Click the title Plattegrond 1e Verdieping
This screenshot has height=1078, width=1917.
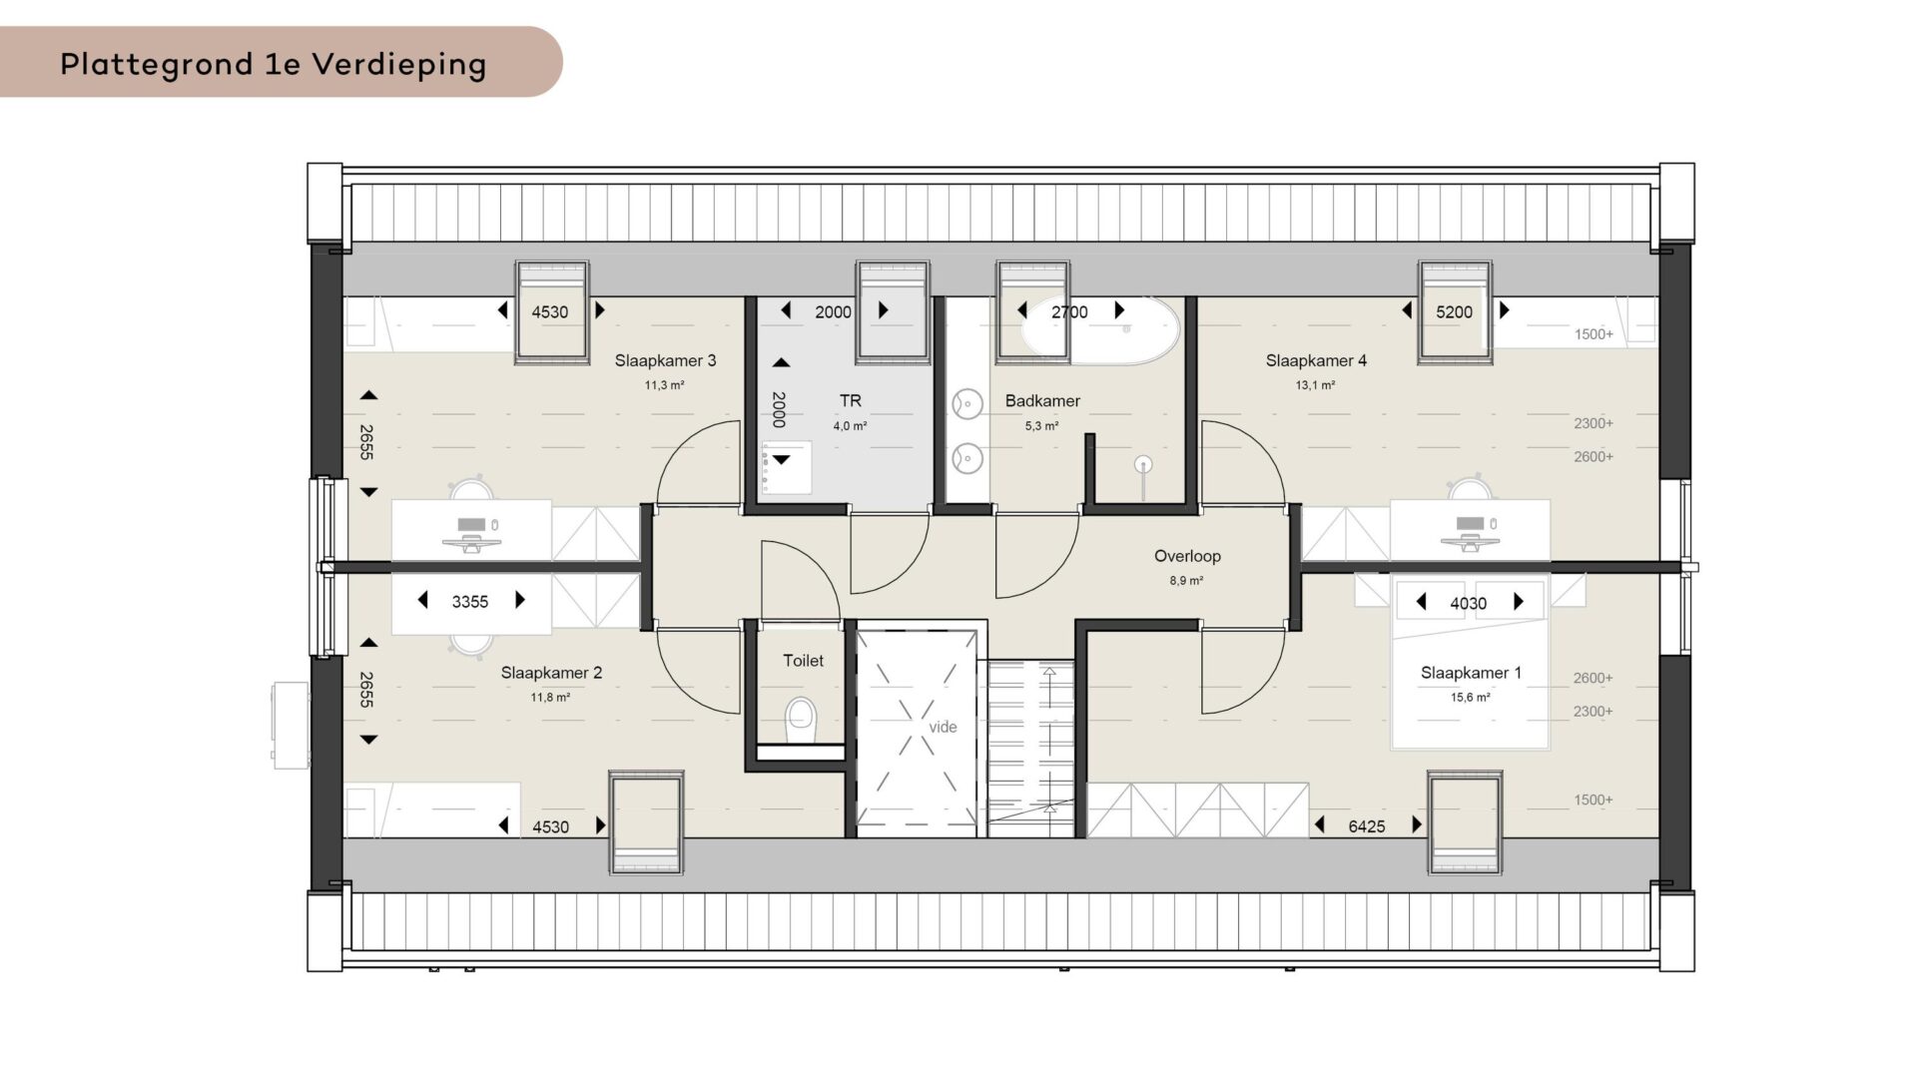pos(273,64)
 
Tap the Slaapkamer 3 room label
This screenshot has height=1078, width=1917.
pos(665,360)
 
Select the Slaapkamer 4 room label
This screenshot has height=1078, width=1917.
pos(1316,360)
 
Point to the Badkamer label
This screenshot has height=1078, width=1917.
pos(1042,400)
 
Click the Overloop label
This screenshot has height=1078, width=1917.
pos(1187,556)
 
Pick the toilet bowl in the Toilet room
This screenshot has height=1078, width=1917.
pos(801,721)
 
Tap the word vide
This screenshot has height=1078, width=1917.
pos(943,727)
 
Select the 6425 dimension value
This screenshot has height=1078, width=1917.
pos(1366,826)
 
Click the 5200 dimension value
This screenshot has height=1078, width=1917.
pos(1454,311)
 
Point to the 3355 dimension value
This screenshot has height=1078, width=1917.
pos(469,601)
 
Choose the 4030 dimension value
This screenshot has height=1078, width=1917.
pos(1468,603)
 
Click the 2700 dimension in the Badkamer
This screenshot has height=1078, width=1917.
pos(1069,311)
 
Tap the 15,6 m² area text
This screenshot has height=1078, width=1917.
pos(1470,698)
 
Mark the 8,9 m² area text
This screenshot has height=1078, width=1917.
pos(1186,580)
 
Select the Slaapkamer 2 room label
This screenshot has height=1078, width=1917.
pos(551,673)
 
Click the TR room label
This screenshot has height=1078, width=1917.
pos(850,400)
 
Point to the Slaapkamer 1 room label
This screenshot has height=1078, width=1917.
pos(1471,673)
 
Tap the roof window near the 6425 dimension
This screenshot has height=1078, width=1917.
pos(1465,822)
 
